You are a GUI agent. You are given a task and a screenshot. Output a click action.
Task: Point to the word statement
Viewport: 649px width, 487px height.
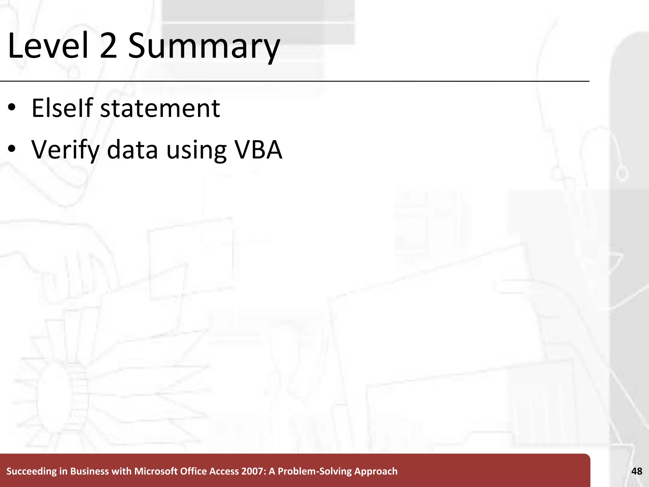(160, 109)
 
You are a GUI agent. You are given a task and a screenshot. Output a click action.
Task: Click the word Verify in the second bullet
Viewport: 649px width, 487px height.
(65, 150)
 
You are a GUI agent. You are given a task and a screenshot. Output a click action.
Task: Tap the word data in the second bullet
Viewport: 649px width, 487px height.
(132, 149)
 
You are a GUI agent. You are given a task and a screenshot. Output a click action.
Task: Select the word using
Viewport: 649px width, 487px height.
(196, 151)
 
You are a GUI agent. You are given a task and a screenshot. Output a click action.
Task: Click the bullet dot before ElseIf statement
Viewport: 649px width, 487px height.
(12, 108)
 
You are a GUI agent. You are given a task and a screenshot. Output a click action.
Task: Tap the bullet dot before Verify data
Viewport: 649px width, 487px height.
(12, 149)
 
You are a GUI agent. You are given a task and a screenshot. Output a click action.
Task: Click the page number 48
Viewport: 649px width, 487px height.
(637, 471)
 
